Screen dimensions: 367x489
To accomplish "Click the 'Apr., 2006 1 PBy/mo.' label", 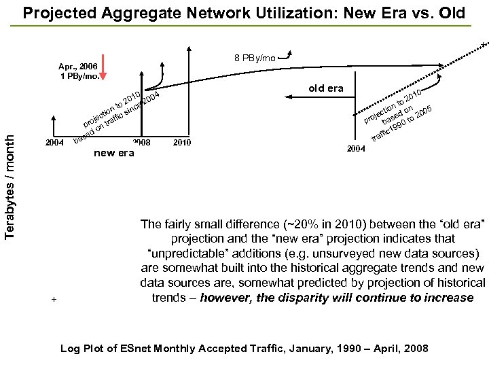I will (x=77, y=71).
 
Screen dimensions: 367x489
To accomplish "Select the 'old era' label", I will (x=325, y=88).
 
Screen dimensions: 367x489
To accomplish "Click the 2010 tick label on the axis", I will (x=183, y=142).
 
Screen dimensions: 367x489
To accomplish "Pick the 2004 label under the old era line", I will (x=356, y=148).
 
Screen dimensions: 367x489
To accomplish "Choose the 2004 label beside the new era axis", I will (x=54, y=142).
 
